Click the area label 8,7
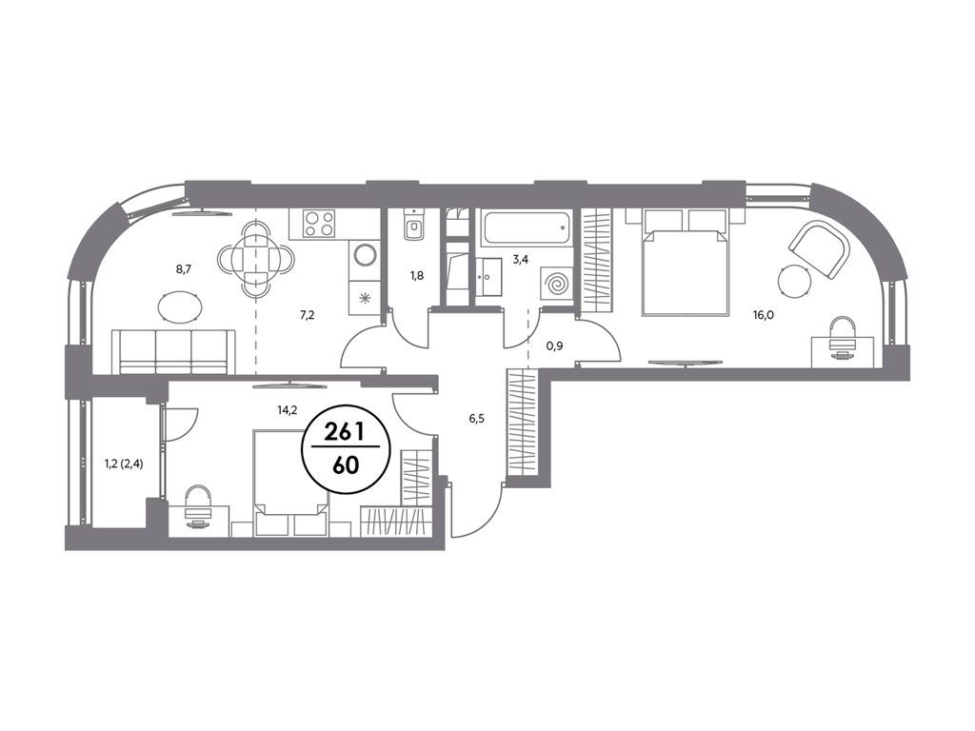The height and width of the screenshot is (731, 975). point(183,269)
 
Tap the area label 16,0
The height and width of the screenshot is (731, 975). point(764,314)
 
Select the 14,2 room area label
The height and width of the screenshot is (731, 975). point(287,409)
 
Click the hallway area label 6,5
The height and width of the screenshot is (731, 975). point(476,419)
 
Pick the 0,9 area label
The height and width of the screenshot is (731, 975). point(555,346)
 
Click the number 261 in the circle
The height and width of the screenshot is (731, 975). point(345,432)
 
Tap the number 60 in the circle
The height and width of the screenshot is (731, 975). point(346,465)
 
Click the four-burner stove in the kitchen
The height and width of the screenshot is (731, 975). point(319,224)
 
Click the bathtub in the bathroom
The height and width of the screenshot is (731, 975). point(526,228)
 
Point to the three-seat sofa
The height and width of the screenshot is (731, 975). point(174,352)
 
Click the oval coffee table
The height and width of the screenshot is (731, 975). point(180,306)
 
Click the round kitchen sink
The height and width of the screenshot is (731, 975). point(365,255)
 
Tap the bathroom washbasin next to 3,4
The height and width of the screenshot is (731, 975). point(492,275)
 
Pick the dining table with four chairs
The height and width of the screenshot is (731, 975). point(255,259)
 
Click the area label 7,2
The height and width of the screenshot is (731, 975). point(308,315)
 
